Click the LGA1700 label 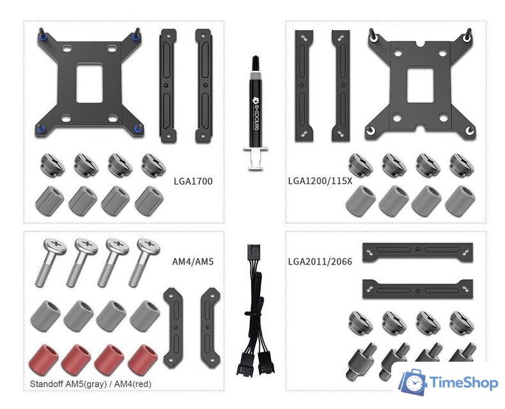coord(193,181)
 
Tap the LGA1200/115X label coord(320,181)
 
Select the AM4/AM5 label coord(193,261)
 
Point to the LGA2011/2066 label coord(320,261)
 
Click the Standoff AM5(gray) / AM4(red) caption coord(91,384)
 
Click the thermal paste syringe coord(256,112)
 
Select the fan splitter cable coord(256,310)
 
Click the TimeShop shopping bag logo coord(412,383)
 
